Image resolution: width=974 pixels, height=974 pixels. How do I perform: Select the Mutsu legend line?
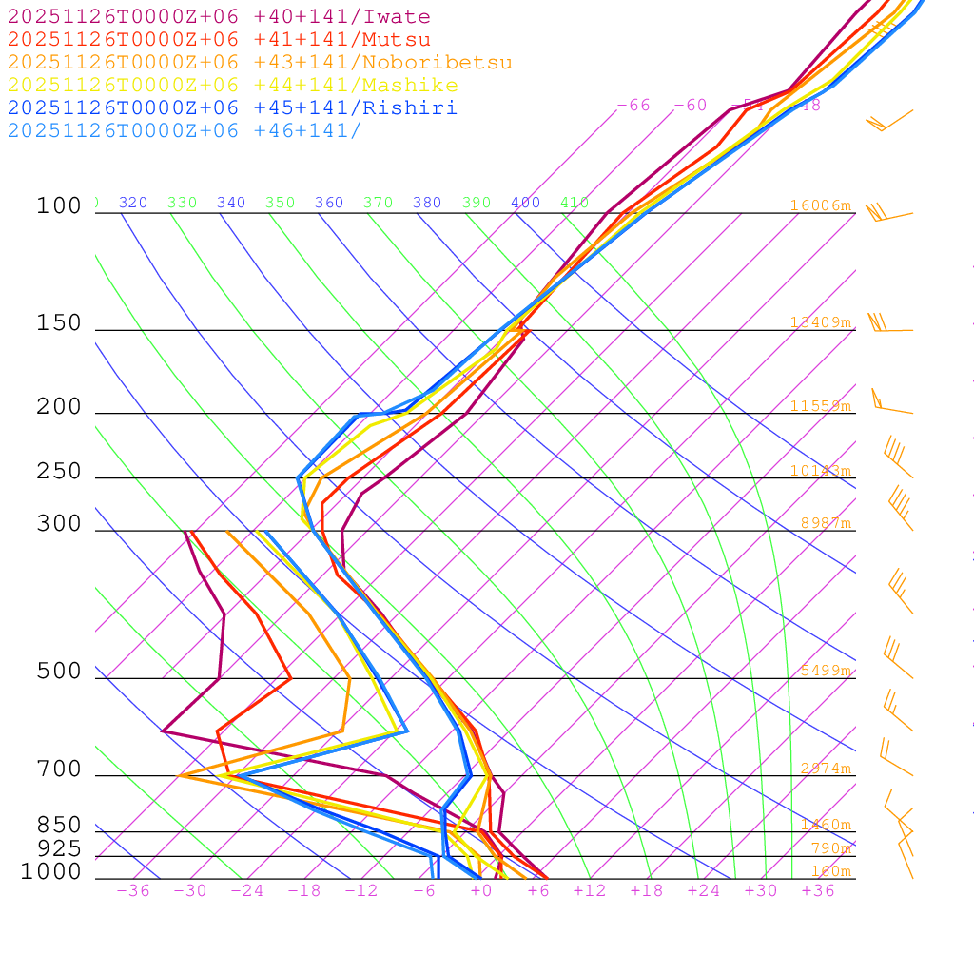(219, 40)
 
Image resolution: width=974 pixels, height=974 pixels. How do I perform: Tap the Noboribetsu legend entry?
(260, 63)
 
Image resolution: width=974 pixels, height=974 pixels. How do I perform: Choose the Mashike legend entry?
(233, 86)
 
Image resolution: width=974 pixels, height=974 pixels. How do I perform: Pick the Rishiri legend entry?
(233, 108)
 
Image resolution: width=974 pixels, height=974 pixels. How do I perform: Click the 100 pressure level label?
(59, 205)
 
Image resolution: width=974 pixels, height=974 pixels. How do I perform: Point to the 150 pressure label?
(59, 323)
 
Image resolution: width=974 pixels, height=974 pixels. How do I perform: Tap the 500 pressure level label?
(59, 672)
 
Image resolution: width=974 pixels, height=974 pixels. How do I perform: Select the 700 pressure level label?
(59, 769)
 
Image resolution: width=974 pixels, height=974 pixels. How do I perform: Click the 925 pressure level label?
(59, 847)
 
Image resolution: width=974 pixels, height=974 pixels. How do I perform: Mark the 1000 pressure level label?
(51, 871)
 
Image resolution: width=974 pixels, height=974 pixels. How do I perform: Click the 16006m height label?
(821, 205)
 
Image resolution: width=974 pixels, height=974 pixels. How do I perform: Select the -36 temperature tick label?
(132, 890)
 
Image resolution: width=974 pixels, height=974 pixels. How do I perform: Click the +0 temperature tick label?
(481, 890)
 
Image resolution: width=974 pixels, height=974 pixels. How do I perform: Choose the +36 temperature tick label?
(817, 890)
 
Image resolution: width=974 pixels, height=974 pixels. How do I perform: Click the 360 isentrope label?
(329, 203)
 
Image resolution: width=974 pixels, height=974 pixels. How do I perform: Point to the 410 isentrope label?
(575, 203)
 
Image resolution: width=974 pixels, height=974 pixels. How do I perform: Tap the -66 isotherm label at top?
(633, 105)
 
